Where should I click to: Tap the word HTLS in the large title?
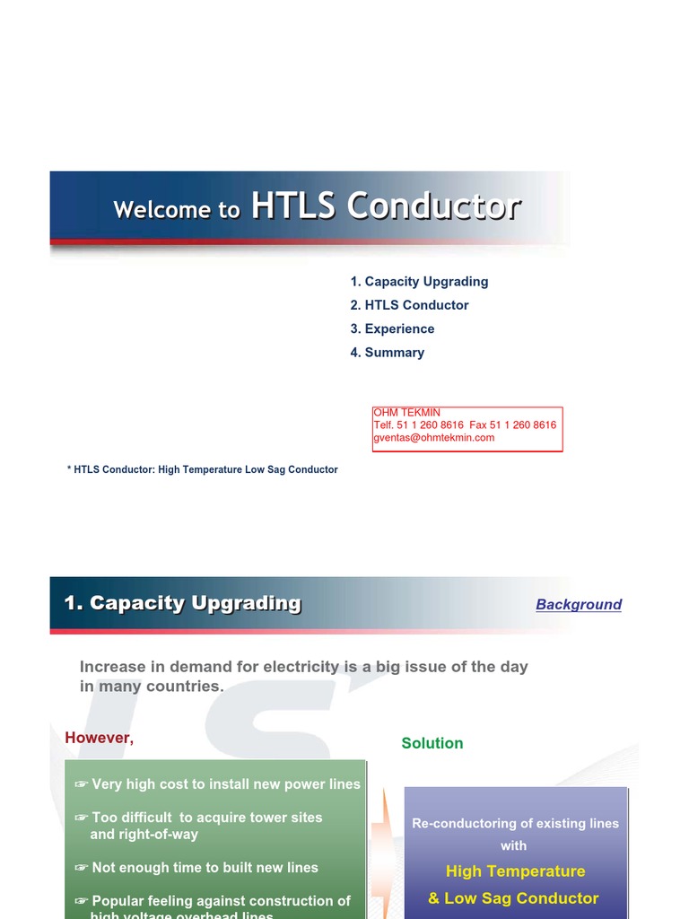coord(293,206)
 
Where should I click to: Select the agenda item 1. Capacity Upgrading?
coord(419,281)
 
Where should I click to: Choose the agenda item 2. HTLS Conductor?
coord(409,305)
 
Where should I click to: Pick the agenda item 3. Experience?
coord(392,328)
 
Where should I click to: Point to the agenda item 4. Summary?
coord(387,353)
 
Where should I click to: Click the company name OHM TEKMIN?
coord(406,413)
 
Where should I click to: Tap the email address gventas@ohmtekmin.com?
coord(433,438)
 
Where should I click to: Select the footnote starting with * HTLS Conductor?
coord(202,469)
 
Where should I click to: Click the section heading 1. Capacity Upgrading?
coord(182,603)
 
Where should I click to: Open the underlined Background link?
coord(578,605)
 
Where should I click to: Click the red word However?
coord(99,738)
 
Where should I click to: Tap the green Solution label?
coord(432,743)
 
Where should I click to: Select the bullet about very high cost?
coord(218,784)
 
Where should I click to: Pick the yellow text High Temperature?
coord(515,871)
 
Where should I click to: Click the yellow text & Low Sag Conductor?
coord(513,898)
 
